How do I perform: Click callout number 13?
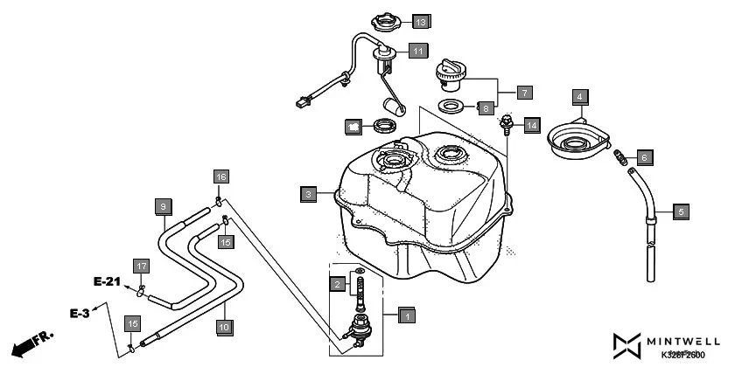point(421,21)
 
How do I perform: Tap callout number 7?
point(524,92)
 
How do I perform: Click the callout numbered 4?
point(579,96)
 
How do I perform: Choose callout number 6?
point(643,158)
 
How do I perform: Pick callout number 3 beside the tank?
point(308,194)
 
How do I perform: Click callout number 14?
point(532,126)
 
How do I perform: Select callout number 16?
point(221,177)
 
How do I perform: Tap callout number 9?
point(162,206)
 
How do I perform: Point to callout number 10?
point(223,327)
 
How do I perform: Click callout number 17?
point(141,265)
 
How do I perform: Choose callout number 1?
point(404,315)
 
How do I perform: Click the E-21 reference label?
point(108,282)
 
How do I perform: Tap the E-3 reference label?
point(81,311)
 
